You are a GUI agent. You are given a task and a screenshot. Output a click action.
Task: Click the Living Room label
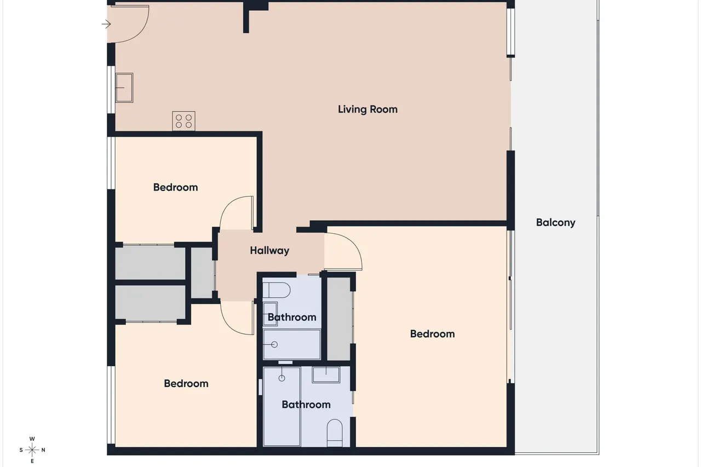point(367,109)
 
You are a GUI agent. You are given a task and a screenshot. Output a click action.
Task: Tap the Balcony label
point(555,223)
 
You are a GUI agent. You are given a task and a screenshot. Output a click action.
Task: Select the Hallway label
point(269,251)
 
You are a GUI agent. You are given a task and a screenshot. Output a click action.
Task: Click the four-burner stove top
point(183,121)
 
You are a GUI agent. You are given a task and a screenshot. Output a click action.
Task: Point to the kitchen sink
point(124,88)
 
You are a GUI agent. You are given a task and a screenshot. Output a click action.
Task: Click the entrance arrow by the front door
point(106,24)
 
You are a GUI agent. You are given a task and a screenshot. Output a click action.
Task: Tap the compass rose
point(32,450)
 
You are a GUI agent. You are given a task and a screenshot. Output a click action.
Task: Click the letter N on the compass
point(43,450)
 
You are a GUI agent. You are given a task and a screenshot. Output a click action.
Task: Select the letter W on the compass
point(32,439)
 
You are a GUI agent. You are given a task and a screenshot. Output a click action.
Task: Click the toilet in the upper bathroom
point(277,290)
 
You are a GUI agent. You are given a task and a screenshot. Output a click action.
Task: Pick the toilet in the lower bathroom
point(335,433)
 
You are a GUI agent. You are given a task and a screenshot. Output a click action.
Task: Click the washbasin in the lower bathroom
point(326,374)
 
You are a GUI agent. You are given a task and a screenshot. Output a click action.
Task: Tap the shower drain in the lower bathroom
point(281,378)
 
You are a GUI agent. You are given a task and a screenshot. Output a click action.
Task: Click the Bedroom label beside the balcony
point(433,334)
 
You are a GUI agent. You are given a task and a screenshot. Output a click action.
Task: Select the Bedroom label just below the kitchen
point(176,187)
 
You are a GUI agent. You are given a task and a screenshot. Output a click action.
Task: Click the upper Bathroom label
point(292,318)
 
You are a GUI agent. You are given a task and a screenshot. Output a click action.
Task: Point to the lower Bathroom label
point(306,405)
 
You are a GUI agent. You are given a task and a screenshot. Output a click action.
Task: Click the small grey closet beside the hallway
point(202,273)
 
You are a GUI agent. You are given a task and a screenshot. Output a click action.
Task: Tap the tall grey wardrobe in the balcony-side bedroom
point(338,319)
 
